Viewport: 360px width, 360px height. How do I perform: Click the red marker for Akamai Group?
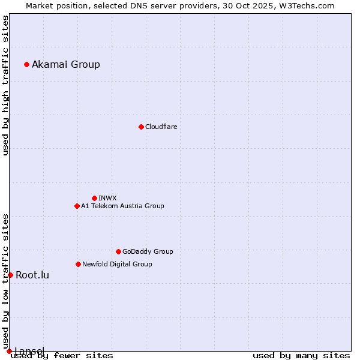(26, 64)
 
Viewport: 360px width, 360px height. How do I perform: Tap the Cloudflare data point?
(141, 127)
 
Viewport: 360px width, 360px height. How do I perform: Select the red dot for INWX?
(94, 198)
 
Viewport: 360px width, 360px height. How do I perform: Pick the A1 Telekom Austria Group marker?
(77, 206)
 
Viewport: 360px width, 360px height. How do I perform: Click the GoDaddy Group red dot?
(118, 251)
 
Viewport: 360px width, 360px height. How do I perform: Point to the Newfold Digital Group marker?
(78, 264)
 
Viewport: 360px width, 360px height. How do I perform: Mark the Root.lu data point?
(10, 275)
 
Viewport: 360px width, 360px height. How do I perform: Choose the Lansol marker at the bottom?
(9, 351)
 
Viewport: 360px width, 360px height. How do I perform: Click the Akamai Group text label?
(66, 64)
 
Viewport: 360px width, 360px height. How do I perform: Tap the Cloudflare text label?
(161, 127)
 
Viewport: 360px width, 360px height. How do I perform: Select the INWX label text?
(107, 198)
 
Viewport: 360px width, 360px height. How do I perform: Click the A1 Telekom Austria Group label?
(122, 206)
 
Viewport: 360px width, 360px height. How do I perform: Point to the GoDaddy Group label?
(148, 251)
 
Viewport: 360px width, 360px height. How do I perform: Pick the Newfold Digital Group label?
(117, 264)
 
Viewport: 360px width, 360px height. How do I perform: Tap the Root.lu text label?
(32, 275)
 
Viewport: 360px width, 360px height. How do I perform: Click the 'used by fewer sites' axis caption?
(62, 355)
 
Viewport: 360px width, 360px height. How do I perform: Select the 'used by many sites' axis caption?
(301, 355)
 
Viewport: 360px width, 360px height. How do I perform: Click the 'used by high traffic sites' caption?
(6, 85)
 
